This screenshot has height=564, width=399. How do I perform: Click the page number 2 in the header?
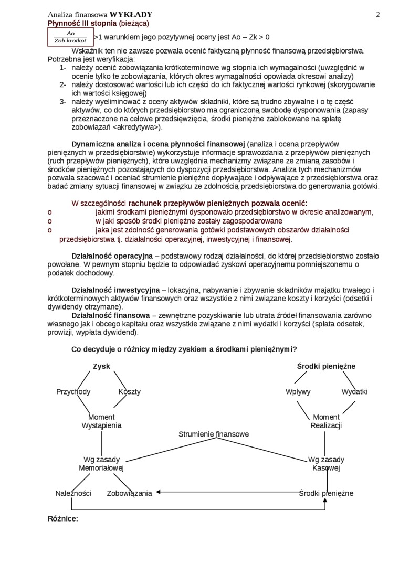tap(378, 15)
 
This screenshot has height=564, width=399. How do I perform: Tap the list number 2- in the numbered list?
tap(62, 84)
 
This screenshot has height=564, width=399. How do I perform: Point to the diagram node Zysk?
tap(101, 366)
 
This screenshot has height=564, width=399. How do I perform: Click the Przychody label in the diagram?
tap(73, 391)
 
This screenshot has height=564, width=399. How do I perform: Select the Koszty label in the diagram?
tap(129, 391)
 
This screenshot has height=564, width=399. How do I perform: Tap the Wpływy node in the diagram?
tap(298, 391)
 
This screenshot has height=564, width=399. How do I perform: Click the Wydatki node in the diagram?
tap(354, 391)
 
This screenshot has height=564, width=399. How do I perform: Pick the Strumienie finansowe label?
tap(214, 434)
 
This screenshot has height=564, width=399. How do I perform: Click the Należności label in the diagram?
tap(73, 493)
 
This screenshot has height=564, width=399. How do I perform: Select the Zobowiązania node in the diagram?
tap(130, 493)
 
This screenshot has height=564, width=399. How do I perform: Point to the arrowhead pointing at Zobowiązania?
tap(157, 492)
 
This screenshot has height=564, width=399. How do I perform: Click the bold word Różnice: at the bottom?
tap(63, 518)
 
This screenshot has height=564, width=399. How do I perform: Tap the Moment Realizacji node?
tap(326, 421)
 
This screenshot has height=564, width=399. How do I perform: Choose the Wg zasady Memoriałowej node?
tap(101, 463)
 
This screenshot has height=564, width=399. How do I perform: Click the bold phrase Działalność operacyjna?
tap(112, 256)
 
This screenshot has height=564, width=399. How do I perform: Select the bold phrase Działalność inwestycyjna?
tap(115, 290)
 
